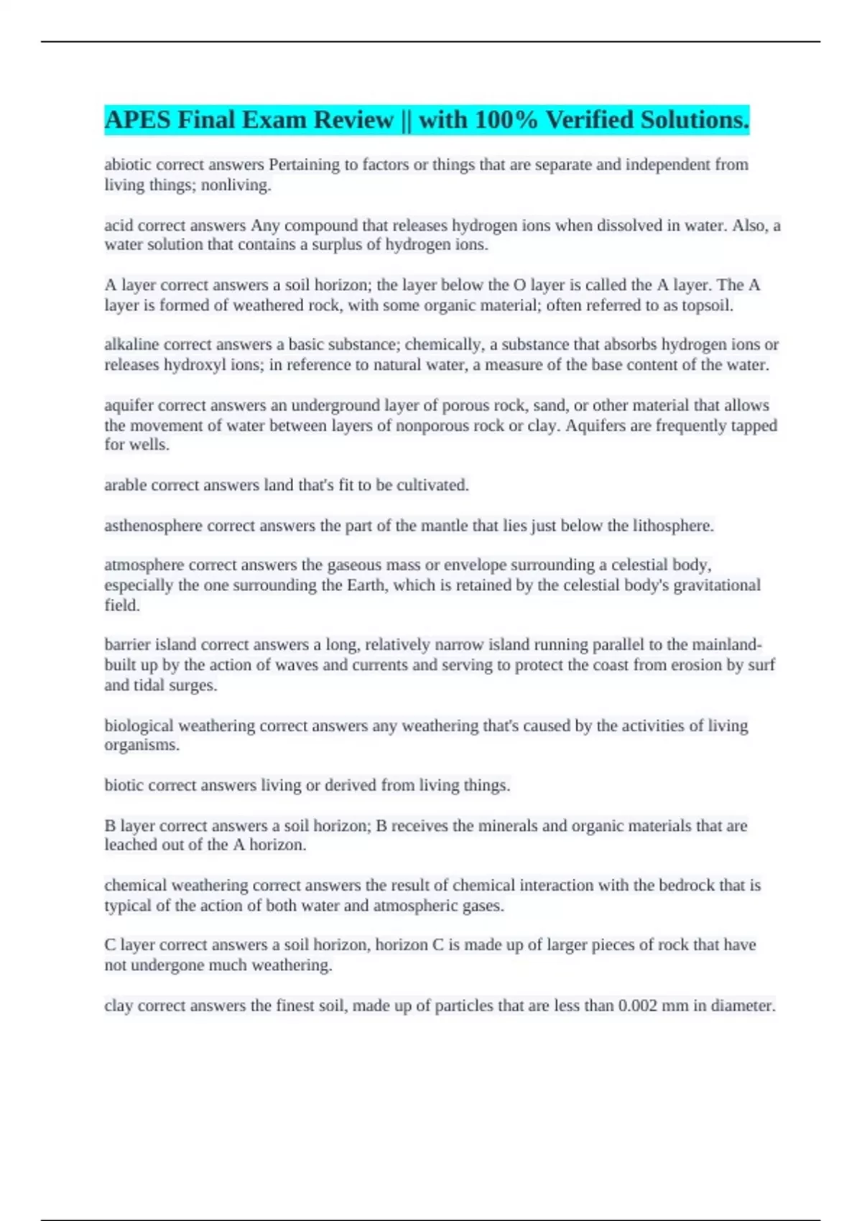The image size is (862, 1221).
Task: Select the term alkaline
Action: click(x=131, y=345)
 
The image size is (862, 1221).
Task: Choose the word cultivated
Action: click(x=435, y=486)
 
